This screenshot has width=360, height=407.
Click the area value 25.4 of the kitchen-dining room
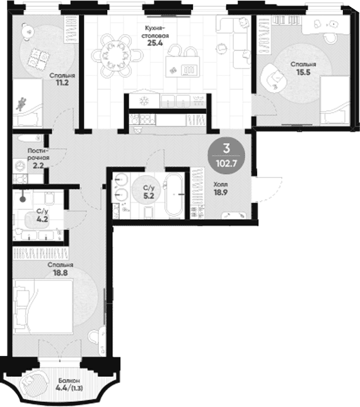coord(155,43)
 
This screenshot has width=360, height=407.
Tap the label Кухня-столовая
coord(155,32)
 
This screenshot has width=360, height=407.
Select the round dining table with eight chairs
coord(117,55)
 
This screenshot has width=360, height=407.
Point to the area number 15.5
coord(303,72)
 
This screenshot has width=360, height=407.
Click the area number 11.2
coord(62,83)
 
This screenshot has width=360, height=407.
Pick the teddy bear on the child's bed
coord(21,103)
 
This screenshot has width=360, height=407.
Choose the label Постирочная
coord(38,154)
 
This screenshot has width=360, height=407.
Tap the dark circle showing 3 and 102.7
coord(227,156)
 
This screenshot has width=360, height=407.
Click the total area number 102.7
coord(227,164)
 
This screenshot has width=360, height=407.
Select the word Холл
coord(221,185)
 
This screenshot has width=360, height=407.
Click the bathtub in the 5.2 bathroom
coord(174,195)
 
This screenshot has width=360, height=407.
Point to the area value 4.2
coord(42,219)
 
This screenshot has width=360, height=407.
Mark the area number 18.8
coord(61,273)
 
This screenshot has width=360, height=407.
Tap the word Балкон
coord(69,381)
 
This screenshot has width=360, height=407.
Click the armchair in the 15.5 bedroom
coord(274,77)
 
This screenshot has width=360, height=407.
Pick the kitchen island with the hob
coord(183,67)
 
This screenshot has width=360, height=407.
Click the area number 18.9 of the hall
coord(221,193)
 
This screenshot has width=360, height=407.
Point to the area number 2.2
coord(38,165)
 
